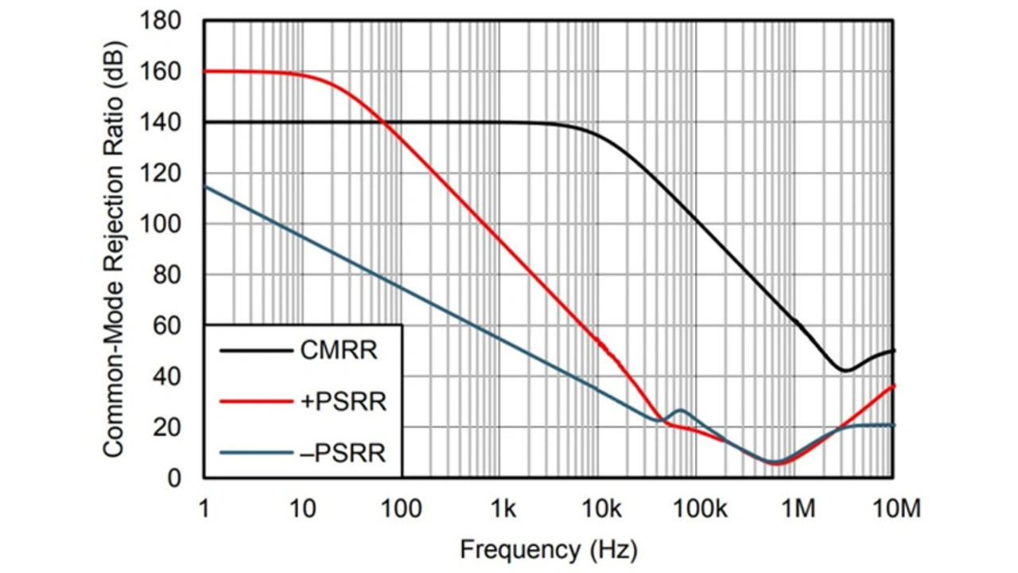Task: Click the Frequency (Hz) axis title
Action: (x=549, y=548)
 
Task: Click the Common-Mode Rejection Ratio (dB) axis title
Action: (x=114, y=249)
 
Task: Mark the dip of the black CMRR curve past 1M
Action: (x=845, y=370)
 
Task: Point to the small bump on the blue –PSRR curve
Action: (x=680, y=410)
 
